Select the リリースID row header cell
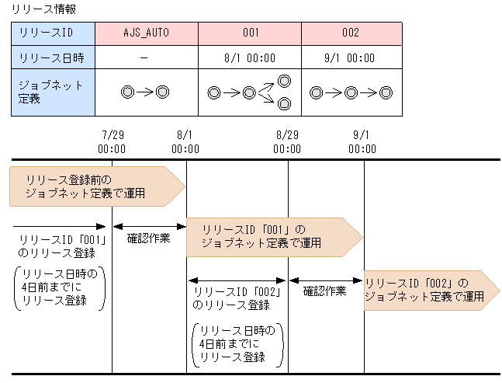click(53, 33)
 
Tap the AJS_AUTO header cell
click(146, 33)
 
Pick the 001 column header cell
click(250, 33)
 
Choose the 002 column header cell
click(351, 33)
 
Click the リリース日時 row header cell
click(53, 57)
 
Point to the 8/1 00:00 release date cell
click(250, 57)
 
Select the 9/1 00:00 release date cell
click(351, 57)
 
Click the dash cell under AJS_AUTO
click(146, 57)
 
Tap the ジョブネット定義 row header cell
click(53, 92)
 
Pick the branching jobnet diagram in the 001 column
click(249, 92)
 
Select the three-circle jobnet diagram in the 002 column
click(351, 92)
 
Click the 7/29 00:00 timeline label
click(112, 141)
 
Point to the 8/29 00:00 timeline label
click(287, 141)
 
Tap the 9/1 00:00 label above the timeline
click(363, 141)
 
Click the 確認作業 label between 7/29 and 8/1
click(149, 239)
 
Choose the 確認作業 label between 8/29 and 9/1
click(325, 291)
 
